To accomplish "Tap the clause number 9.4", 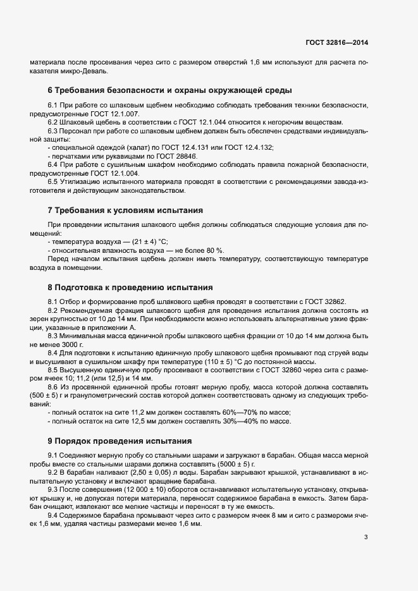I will pyautogui.click(x=54, y=515).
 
